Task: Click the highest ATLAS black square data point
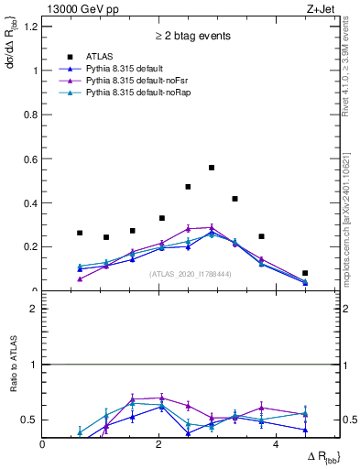(x=212, y=168)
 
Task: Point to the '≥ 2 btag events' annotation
(x=191, y=37)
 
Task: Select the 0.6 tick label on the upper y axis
(x=30, y=158)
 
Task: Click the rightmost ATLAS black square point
(x=305, y=273)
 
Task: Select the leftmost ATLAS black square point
(x=80, y=233)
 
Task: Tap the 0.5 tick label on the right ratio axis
(x=350, y=420)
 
